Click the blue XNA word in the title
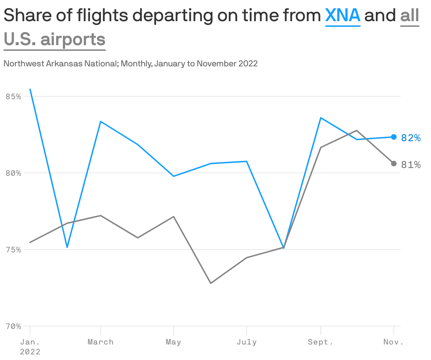[342, 16]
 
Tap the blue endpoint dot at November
[394, 137]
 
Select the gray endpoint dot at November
[394, 163]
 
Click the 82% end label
[411, 138]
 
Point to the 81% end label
[411, 165]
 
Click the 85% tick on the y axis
[14, 96]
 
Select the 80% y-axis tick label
[14, 173]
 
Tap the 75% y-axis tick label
[14, 250]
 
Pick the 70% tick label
[14, 326]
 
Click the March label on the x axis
[101, 342]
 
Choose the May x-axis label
[173, 342]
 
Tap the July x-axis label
[247, 342]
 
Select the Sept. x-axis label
[320, 342]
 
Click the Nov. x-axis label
[393, 342]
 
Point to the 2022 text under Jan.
[30, 352]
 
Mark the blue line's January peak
[30, 89]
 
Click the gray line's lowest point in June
[211, 283]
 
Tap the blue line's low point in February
[67, 247]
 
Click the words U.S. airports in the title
[55, 39]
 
